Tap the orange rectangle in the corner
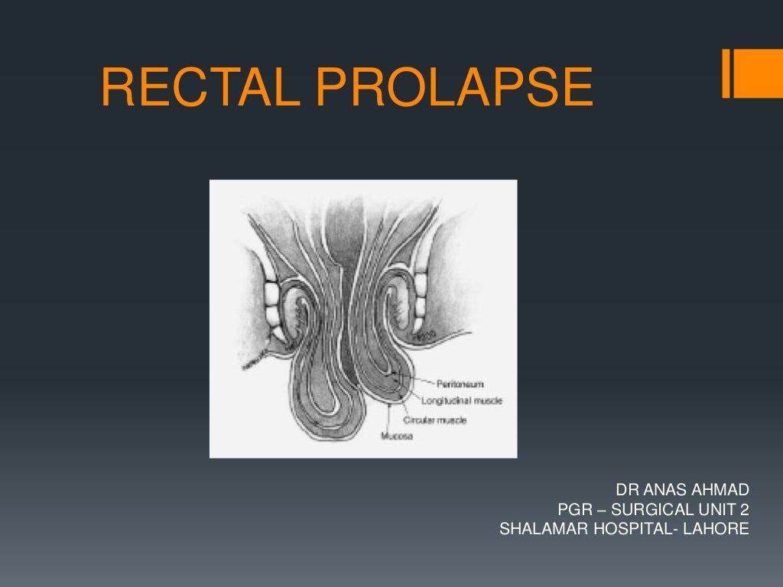pyautogui.click(x=759, y=74)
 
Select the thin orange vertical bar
pyautogui.click(x=726, y=74)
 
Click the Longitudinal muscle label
pyautogui.click(x=463, y=401)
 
